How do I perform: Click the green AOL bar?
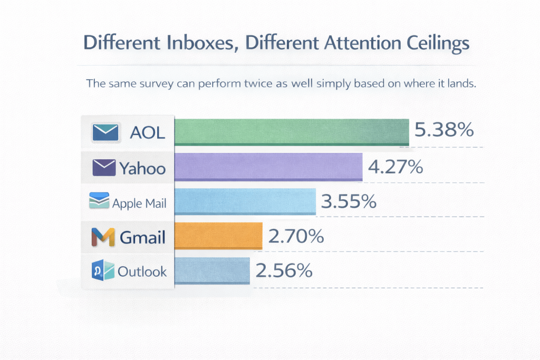[x=292, y=131]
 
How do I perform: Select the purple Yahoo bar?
[x=268, y=167]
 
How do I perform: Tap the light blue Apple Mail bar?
[x=245, y=201]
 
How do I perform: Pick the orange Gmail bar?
[x=218, y=236]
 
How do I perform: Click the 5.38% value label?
[x=443, y=130]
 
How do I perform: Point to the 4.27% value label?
[x=396, y=167]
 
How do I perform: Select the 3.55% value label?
[x=349, y=201]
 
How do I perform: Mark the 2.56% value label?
[x=284, y=271]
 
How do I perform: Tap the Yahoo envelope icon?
[x=104, y=168]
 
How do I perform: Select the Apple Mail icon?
[x=99, y=201]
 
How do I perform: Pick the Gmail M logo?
[x=103, y=237]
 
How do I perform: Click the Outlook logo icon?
[x=103, y=271]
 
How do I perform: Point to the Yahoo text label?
[x=142, y=168]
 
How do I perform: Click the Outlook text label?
[x=142, y=271]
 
